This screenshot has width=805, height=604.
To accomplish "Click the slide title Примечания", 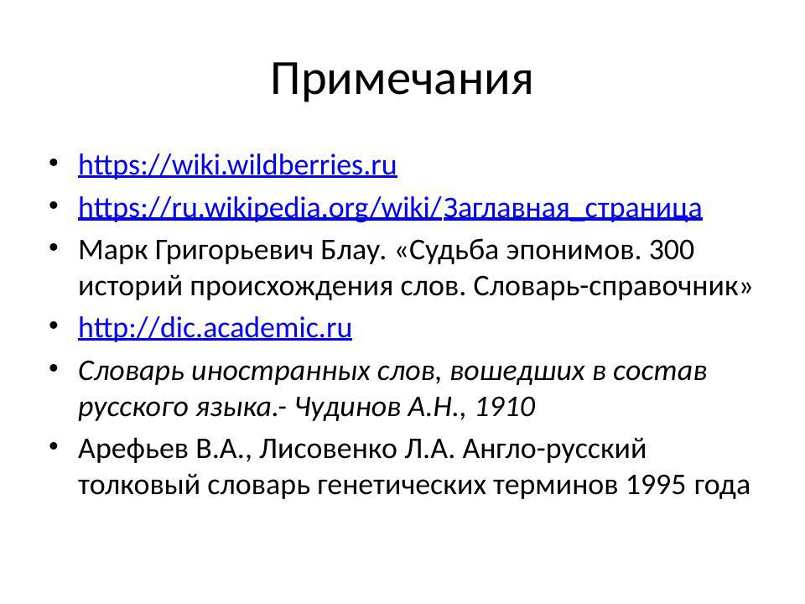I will [402, 80].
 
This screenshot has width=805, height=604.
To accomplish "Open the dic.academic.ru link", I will [215, 327].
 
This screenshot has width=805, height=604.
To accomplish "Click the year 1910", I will [505, 407].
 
